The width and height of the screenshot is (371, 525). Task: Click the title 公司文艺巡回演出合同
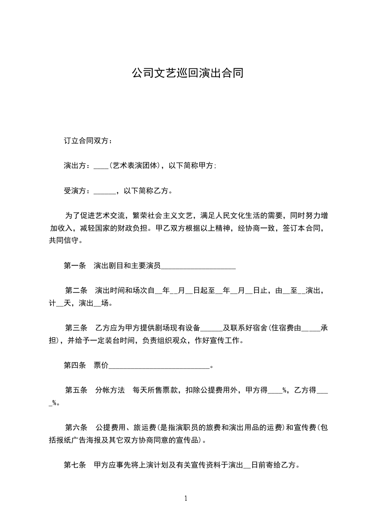pyautogui.click(x=187, y=73)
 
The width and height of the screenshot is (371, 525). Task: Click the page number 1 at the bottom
pyautogui.click(x=186, y=498)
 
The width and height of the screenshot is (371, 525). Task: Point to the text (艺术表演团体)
pyautogui.click(x=135, y=166)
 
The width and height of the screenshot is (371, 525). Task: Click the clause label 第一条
pyautogui.click(x=74, y=266)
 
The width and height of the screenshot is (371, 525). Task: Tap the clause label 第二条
pyautogui.click(x=76, y=291)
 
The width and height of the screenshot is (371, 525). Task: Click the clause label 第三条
pyautogui.click(x=76, y=328)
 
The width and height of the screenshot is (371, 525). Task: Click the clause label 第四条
pyautogui.click(x=74, y=365)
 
